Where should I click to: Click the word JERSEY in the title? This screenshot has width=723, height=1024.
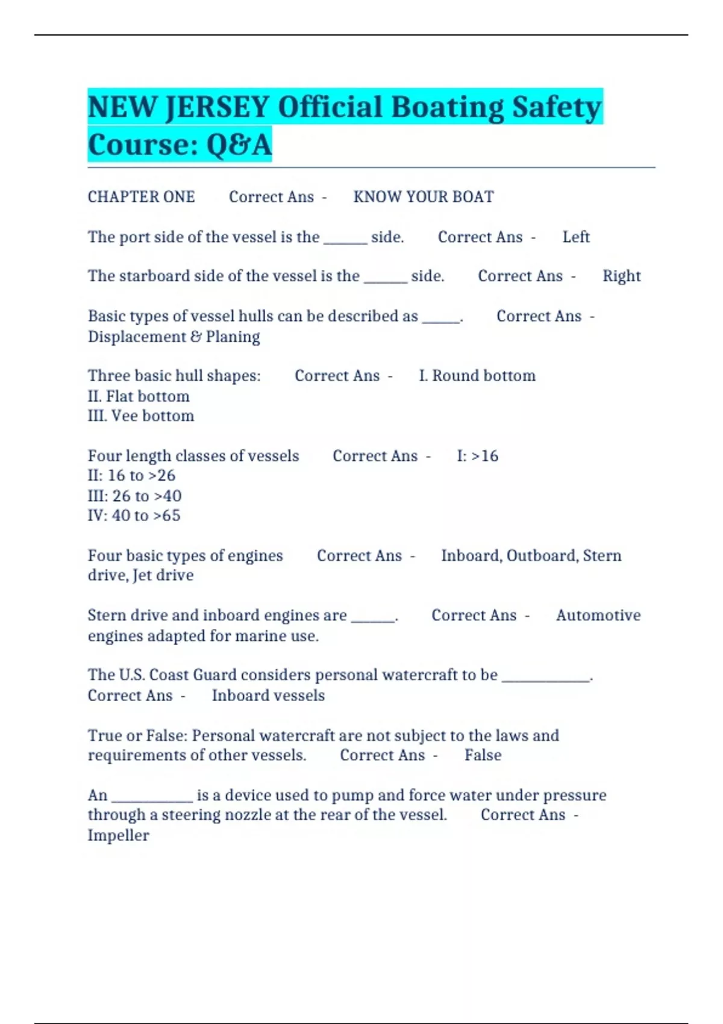217,107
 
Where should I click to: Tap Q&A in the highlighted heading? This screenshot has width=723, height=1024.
239,145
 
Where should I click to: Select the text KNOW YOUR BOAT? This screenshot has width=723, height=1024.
423,197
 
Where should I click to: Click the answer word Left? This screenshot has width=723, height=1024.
575,237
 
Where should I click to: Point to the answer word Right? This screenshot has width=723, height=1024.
621,276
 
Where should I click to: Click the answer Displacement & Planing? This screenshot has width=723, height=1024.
174,337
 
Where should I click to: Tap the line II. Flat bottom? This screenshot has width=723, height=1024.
139,396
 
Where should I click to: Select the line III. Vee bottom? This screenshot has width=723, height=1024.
141,416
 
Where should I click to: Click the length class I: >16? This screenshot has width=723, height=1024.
477,456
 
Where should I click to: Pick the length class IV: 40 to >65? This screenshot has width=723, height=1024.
134,516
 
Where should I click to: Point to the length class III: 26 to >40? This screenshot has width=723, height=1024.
134,496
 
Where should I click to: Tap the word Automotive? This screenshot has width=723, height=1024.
598,616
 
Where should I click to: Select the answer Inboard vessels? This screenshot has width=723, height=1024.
268,696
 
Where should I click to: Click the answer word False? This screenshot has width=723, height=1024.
483,755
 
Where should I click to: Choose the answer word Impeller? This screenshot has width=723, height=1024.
118,835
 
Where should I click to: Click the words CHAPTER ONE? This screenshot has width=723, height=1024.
141,197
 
